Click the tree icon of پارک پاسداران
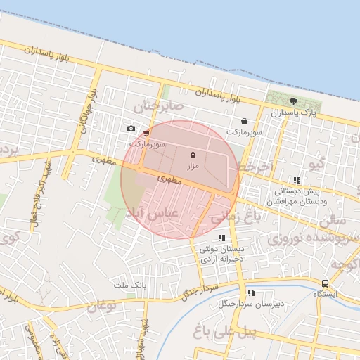click(293, 101)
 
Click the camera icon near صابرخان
click(131, 128)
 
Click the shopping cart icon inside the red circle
click(146, 133)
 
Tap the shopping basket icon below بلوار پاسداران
click(244, 121)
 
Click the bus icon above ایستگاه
click(325, 283)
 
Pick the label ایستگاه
click(325, 294)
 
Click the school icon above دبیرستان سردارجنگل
click(251, 293)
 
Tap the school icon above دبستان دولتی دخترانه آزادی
click(222, 238)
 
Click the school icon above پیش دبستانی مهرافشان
click(297, 181)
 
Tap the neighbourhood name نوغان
click(103, 305)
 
